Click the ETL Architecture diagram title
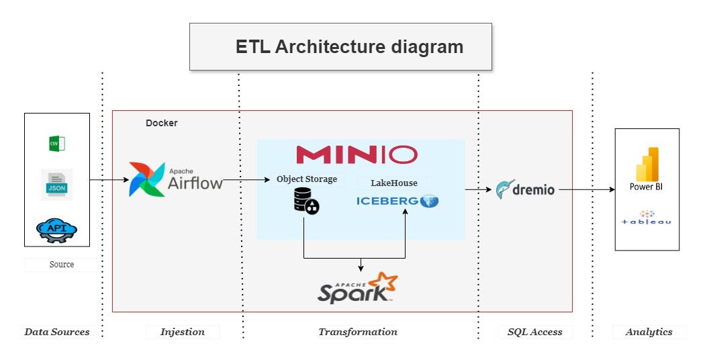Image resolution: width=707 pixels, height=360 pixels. tap(349, 47)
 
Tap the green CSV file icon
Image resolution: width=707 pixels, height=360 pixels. tap(56, 144)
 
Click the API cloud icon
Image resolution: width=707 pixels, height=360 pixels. tap(56, 230)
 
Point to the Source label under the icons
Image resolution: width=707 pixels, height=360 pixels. tap(62, 265)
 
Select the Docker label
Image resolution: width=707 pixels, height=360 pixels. tap(162, 124)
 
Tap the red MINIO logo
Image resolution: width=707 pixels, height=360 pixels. tap(357, 155)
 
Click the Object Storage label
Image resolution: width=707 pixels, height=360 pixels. tap(306, 179)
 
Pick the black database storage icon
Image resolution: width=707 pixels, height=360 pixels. tap(305, 201)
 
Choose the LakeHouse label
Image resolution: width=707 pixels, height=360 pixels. tap(394, 183)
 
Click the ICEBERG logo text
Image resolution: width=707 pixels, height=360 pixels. tap(387, 200)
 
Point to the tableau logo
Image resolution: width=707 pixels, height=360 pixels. tap(647, 218)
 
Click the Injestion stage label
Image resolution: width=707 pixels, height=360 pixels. tap(183, 332)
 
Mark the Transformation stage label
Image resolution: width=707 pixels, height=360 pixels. tap(358, 332)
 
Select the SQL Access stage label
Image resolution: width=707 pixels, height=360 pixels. tap(535, 332)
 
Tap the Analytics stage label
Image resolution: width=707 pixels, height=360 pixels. tap(649, 332)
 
